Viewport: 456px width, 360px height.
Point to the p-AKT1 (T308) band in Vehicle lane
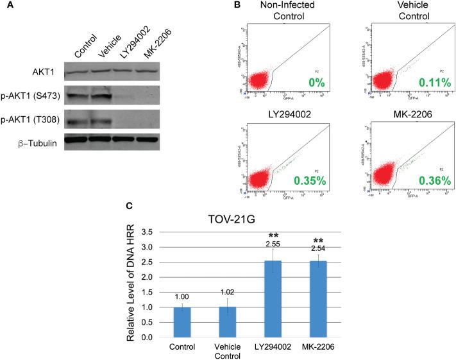point(99,121)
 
